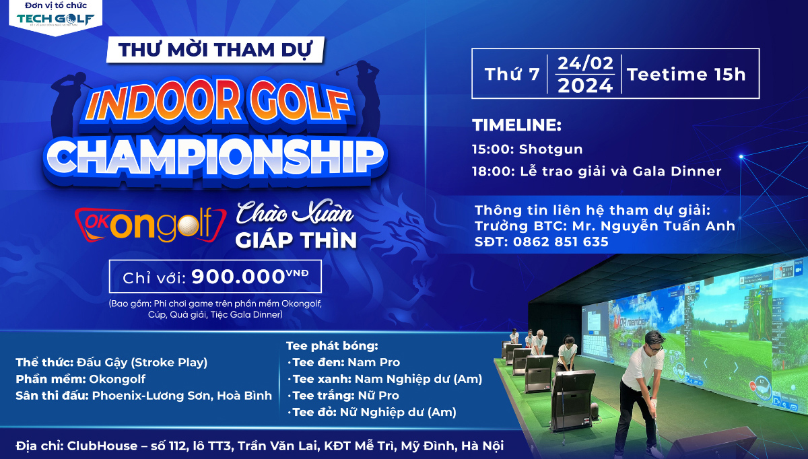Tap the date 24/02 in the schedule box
(585, 64)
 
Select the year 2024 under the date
(585, 85)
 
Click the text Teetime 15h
(686, 75)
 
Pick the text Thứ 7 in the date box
(512, 75)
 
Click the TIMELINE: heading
(516, 125)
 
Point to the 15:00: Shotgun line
(527, 149)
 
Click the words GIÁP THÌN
(296, 240)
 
